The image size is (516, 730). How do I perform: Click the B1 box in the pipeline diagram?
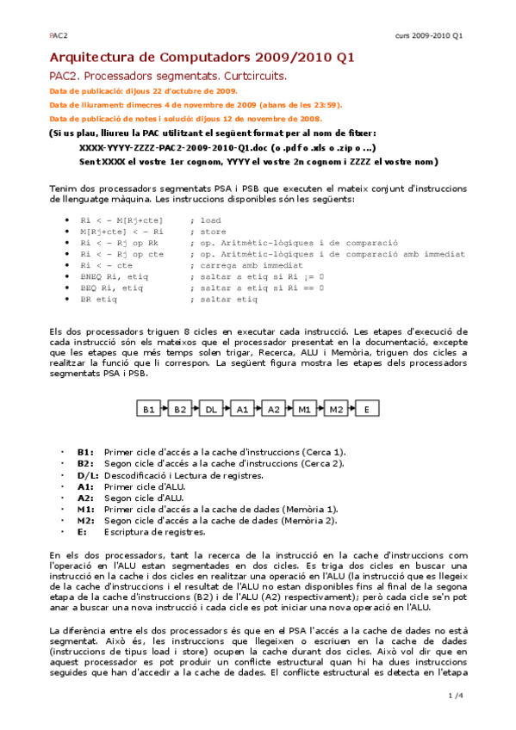pos(149,410)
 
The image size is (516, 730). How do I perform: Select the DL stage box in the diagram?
pos(211,410)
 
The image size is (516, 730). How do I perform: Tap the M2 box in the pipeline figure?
pos(335,410)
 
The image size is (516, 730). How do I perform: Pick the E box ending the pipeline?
pos(366,410)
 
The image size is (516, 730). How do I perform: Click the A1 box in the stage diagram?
pos(242,410)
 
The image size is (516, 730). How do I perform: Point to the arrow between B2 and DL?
pos(196,410)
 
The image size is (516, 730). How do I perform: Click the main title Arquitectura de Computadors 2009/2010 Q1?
pos(202,59)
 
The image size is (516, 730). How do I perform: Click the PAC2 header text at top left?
pos(58,36)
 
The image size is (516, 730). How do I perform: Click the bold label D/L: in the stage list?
pos(88,475)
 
